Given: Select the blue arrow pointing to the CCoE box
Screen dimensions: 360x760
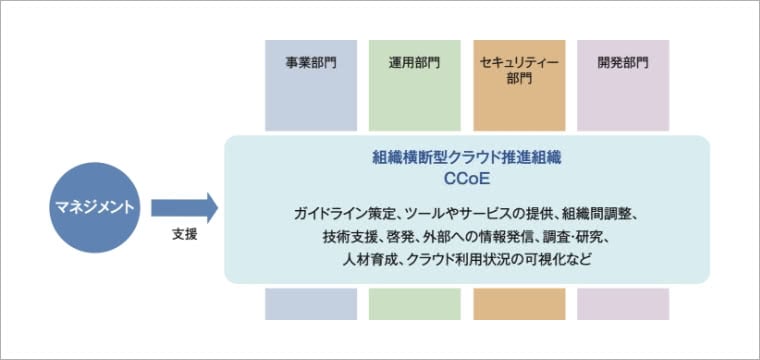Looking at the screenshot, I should (183, 208).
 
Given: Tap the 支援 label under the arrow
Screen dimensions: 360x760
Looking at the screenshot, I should (184, 235).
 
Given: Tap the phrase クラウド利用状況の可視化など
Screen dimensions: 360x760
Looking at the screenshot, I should (490, 260).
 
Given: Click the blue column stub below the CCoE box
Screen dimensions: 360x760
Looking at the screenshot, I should (311, 304).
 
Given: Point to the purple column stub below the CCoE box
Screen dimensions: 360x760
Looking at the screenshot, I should (623, 304).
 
